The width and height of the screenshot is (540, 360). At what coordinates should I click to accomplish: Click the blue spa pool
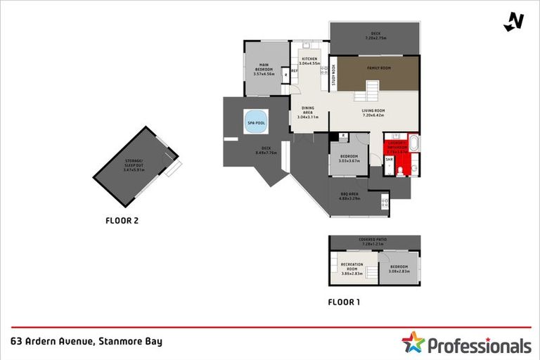click(x=256, y=122)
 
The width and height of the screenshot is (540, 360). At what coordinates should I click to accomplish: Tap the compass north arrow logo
click(x=514, y=22)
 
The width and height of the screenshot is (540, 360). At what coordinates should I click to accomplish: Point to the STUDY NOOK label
click(x=334, y=75)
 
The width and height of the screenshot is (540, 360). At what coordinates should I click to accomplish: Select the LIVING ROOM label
click(x=373, y=111)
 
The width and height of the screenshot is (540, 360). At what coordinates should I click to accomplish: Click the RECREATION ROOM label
click(x=352, y=266)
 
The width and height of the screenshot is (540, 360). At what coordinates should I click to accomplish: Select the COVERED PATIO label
click(x=373, y=240)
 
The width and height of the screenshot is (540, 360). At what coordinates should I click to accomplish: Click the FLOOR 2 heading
click(x=122, y=221)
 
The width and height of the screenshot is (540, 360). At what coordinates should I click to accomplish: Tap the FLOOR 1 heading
click(x=345, y=302)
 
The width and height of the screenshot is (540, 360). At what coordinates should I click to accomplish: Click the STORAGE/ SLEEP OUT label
click(x=133, y=163)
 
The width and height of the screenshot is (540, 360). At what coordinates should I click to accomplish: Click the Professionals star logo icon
click(x=413, y=343)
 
